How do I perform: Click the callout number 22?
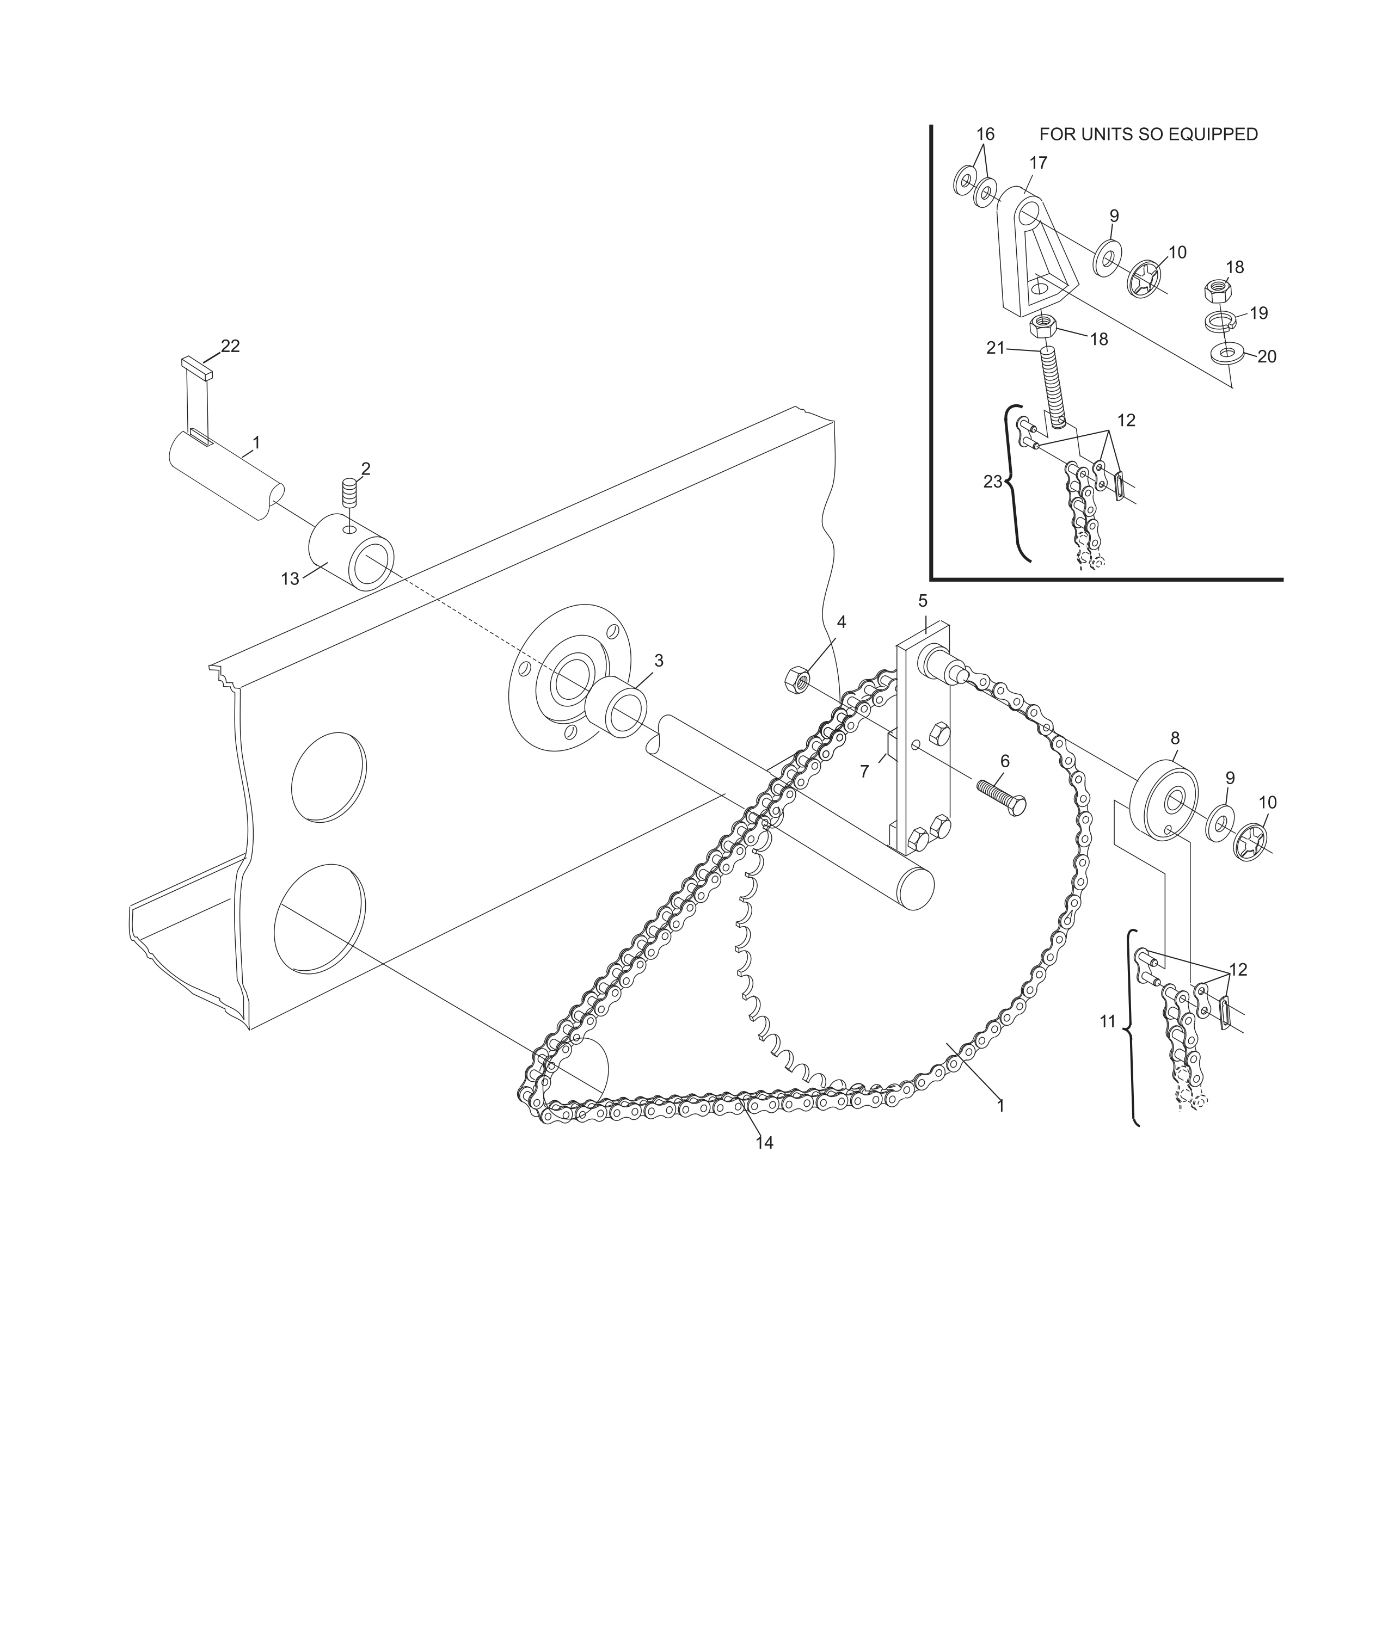230,346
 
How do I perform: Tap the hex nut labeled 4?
796,679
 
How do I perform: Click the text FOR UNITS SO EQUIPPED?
1147,134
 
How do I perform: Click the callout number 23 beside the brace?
992,482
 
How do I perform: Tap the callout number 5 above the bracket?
922,601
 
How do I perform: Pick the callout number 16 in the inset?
985,134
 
